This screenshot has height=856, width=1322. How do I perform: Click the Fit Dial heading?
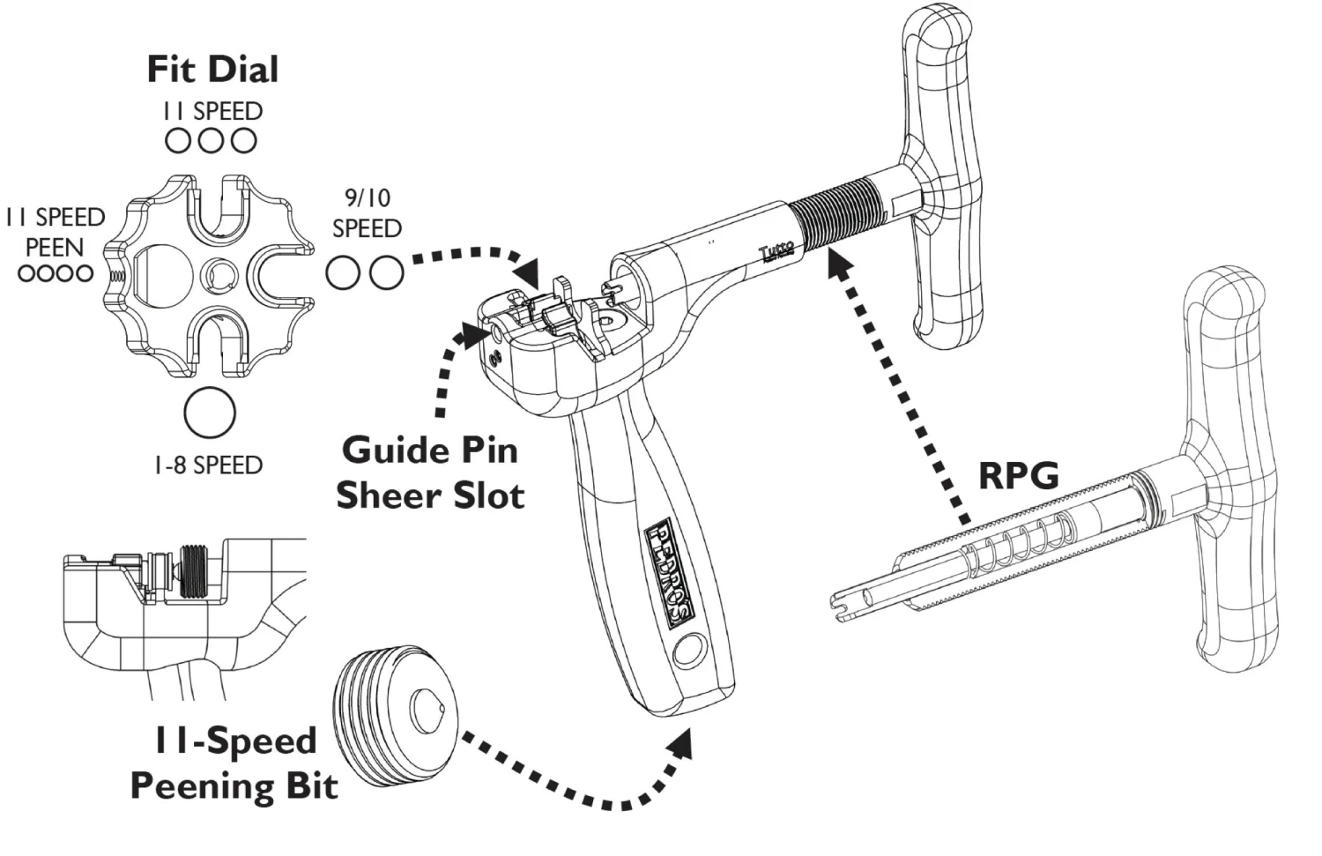point(212,70)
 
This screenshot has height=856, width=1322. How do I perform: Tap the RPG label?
point(1018,476)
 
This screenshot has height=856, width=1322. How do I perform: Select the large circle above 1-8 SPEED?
point(211,412)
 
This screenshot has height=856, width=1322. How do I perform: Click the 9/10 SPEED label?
point(367,213)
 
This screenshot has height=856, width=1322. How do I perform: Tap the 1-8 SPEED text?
point(208,465)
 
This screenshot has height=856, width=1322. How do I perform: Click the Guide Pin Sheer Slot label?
point(430,473)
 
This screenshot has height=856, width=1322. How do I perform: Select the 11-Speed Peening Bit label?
point(234,763)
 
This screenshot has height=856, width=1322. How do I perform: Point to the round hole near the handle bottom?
point(687,652)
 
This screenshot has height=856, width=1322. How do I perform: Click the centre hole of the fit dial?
point(216,275)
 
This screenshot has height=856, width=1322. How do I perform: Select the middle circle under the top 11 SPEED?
point(211,140)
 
